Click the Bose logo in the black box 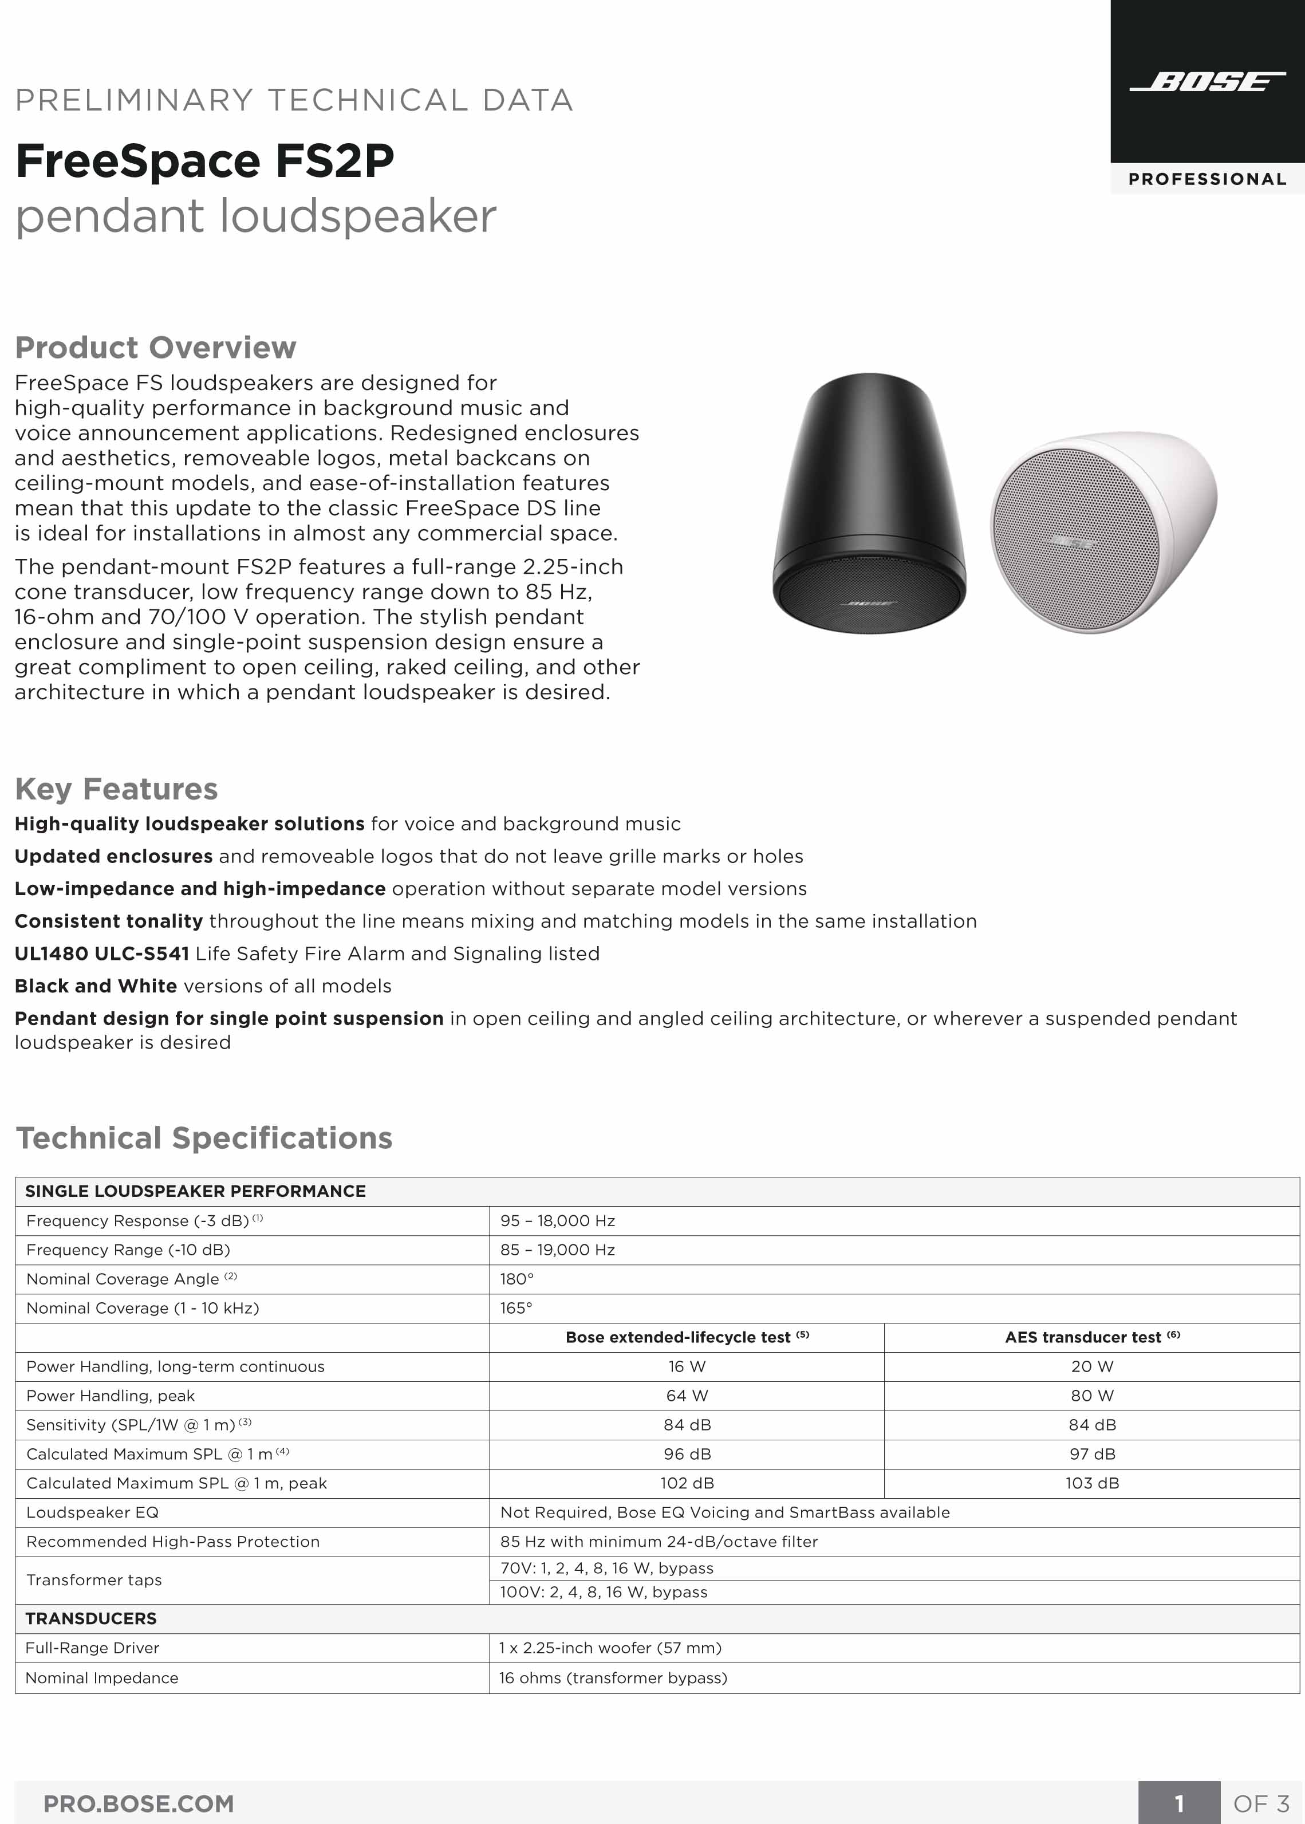pos(1207,82)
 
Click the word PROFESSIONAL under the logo pos(1207,179)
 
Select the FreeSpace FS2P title pos(205,161)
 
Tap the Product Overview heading pos(156,347)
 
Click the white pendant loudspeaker pos(1102,531)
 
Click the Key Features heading pos(116,789)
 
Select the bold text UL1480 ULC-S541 pos(102,954)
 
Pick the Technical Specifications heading pos(204,1138)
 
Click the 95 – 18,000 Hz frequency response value pos(558,1220)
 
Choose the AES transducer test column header pos(1092,1337)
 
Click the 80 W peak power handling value pos(1092,1396)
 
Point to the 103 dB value pos(1092,1483)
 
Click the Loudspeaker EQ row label pos(92,1512)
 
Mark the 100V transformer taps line pos(604,1592)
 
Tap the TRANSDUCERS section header pos(91,1618)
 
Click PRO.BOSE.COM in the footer pos(138,1804)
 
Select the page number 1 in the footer pos(1179,1804)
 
